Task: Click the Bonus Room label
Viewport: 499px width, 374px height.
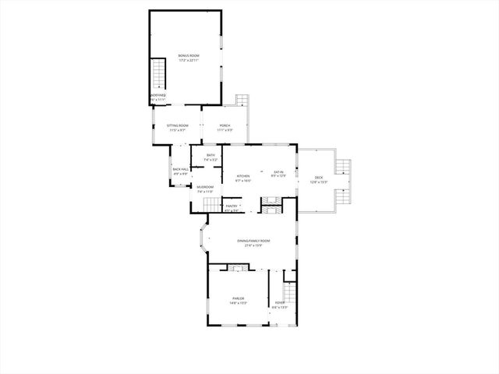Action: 189,55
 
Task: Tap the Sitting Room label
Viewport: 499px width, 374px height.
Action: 177,125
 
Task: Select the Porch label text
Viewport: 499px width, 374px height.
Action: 224,125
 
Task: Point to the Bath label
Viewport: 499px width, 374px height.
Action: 211,156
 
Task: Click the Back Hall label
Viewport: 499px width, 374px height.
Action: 180,169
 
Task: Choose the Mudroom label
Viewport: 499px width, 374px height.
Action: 205,187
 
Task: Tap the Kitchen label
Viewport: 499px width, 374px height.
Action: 243,176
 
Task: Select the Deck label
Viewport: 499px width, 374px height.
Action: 318,178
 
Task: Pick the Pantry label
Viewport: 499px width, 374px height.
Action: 232,206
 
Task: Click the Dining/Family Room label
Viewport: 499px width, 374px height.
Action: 254,241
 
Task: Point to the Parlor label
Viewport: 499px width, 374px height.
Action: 239,298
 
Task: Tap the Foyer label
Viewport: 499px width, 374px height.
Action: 280,302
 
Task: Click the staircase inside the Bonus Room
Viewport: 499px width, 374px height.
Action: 159,75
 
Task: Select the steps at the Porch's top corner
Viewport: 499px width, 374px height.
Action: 242,101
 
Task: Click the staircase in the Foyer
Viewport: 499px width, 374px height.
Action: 290,295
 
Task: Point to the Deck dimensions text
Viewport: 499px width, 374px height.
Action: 318,182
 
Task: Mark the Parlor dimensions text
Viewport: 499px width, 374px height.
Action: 239,303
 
